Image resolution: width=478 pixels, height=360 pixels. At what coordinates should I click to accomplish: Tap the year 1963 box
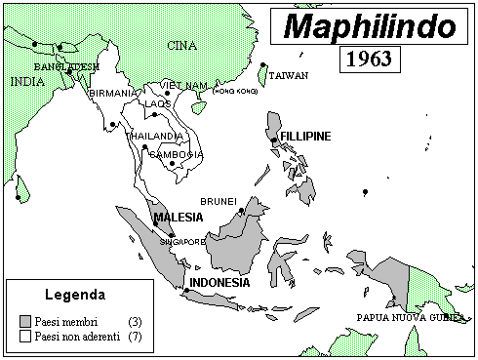371,59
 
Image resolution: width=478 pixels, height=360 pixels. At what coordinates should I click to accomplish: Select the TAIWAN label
289,75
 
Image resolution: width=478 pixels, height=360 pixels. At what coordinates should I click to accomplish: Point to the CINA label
181,46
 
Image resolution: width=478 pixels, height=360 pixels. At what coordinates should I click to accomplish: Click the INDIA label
26,82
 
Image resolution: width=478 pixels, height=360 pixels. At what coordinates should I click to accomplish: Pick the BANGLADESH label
67,66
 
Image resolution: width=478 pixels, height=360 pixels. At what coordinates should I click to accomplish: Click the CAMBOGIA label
177,154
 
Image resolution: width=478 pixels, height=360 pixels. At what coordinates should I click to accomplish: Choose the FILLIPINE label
305,135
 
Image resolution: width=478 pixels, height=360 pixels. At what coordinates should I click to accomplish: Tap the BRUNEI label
219,201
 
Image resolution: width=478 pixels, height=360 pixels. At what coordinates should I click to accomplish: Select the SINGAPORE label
182,240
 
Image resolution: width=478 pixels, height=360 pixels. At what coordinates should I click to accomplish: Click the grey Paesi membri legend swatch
24,320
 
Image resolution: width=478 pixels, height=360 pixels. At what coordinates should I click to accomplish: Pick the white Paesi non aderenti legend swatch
24,336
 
